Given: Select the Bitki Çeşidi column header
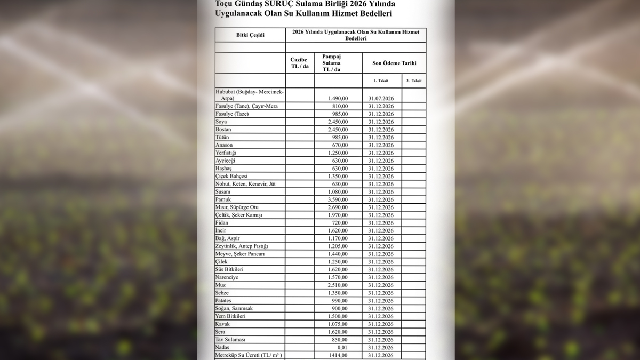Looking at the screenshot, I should coord(250,35).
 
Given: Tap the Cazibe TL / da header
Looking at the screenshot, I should coord(300,63).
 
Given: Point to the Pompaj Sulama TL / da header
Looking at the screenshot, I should coord(332,62).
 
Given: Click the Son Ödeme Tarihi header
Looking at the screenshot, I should coord(394,63).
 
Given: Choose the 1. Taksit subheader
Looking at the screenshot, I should coord(382,81).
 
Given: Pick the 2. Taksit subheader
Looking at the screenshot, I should coord(413,81).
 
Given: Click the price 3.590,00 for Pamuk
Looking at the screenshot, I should coord(338,199).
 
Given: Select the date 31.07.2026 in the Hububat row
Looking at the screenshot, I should coord(381,99).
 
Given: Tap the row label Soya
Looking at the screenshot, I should coord(221,122).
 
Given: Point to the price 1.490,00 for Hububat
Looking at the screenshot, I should coord(338,99).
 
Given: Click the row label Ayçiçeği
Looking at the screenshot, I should coord(225,161).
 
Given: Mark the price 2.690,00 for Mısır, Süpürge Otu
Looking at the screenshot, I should coord(338,207).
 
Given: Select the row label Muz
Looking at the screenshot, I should coord(220,285).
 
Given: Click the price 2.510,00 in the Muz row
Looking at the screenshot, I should coord(338,285).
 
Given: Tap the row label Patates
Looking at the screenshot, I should coord(223,301).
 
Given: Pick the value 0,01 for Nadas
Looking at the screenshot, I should coord(342,347).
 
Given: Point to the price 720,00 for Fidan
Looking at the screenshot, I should coord(340,223).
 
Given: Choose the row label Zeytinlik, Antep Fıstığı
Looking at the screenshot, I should coord(242,246).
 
